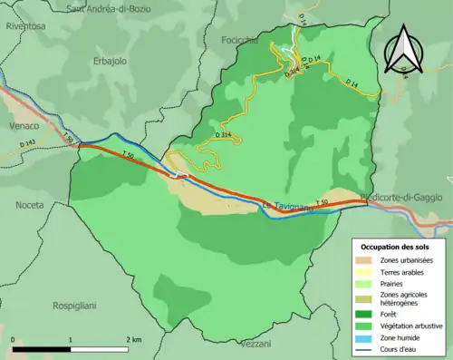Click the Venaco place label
pyautogui.click(x=23, y=125)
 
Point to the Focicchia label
pyautogui.click(x=239, y=41)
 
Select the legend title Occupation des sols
pyautogui.click(x=396, y=246)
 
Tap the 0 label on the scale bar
pyautogui.click(x=14, y=340)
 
